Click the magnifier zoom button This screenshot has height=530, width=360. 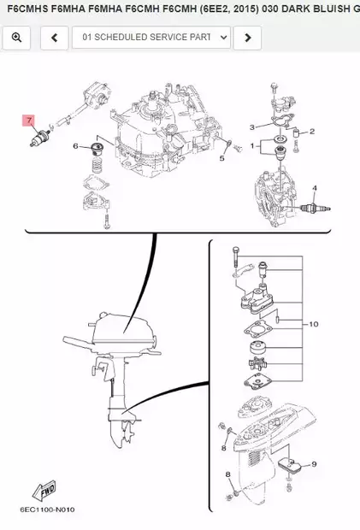17,38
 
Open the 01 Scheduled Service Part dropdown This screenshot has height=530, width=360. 152,38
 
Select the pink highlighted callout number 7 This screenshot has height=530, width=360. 28,121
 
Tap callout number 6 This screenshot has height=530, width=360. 76,146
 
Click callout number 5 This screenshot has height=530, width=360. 221,158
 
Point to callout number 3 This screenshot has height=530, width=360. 252,127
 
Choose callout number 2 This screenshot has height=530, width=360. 313,132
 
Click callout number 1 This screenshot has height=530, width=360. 251,147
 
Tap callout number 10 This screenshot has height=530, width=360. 313,324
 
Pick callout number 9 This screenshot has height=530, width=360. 314,463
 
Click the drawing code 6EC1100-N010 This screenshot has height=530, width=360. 48,510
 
